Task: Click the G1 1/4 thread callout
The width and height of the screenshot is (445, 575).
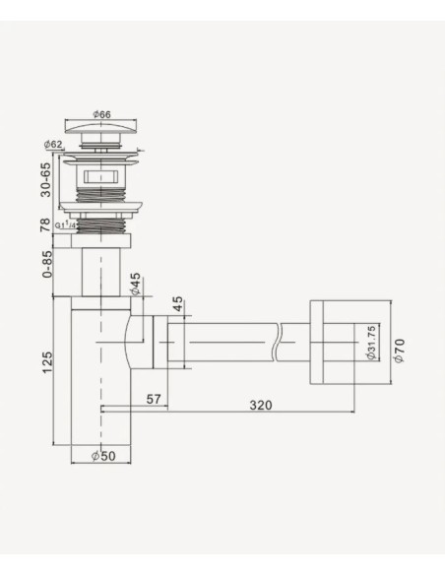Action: pos(67,227)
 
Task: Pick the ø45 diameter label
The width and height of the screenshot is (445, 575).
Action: pos(134,287)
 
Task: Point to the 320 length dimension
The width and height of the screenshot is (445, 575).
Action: pos(261,405)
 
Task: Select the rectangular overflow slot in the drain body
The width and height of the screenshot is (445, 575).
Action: pos(101,179)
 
